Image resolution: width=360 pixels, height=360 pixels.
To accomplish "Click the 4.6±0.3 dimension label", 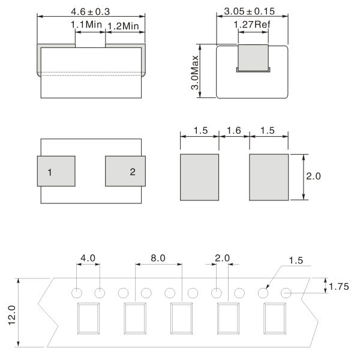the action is pos(90,12).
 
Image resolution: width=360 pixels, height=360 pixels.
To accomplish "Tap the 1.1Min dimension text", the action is pos(86,25).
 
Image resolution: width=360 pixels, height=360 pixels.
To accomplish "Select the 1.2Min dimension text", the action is pos(123,26).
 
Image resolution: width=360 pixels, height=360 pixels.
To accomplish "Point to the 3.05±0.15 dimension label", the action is pos(250,11).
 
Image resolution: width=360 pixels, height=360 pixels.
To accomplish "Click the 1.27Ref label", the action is pos(252,25).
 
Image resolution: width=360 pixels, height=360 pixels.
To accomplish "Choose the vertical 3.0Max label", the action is pos(195,73).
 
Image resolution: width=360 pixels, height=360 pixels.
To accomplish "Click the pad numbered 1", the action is pos(56,171).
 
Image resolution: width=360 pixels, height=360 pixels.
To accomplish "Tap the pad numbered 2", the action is pos(125,171).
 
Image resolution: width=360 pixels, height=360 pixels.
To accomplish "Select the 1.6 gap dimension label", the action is pos(234,130).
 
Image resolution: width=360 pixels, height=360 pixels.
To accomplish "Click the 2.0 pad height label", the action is pos(313,176).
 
